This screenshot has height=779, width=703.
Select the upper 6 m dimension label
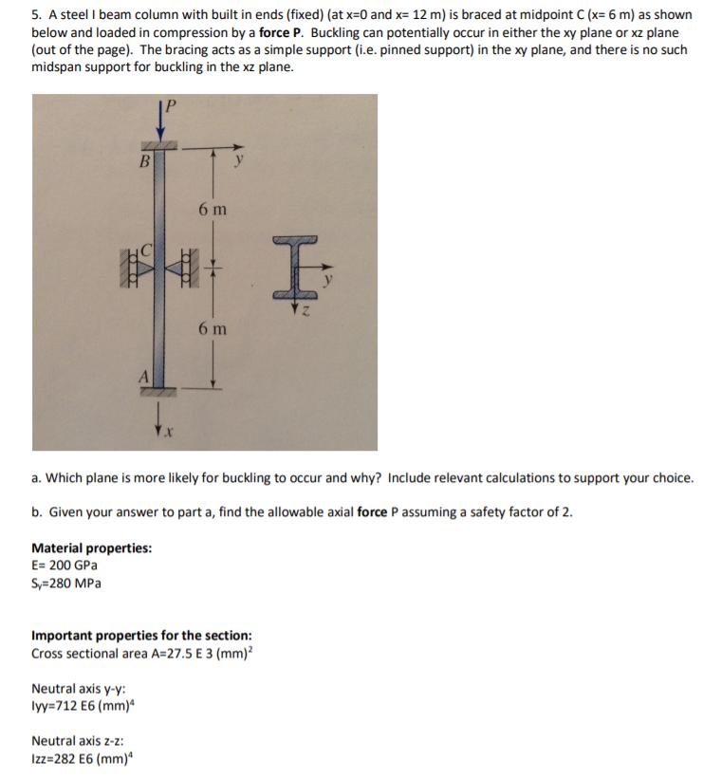tap(212, 208)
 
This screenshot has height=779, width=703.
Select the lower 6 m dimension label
tap(212, 328)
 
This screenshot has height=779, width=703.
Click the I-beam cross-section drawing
tap(297, 269)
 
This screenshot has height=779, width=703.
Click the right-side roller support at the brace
tap(192, 268)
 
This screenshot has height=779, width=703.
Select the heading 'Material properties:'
tap(91, 547)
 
